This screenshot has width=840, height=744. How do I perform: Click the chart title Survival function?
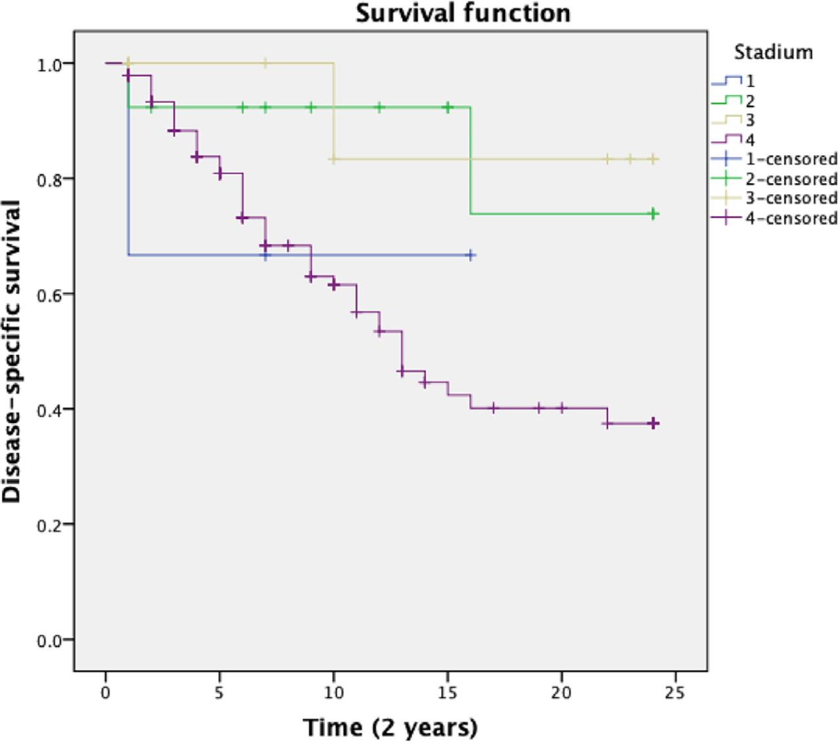pyautogui.click(x=463, y=13)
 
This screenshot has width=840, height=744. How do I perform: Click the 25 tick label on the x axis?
pyautogui.click(x=675, y=693)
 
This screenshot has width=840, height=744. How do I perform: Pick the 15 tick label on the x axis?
pyautogui.click(x=448, y=693)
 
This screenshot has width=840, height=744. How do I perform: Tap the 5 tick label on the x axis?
pyautogui.click(x=219, y=693)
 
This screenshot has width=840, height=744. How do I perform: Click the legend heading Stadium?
pyautogui.click(x=773, y=52)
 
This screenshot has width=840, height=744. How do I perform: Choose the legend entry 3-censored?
pyautogui.click(x=774, y=197)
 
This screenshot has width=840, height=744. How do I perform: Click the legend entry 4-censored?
pyautogui.click(x=774, y=217)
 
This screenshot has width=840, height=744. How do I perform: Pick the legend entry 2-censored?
pyautogui.click(x=774, y=178)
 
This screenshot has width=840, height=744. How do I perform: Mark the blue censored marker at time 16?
pyautogui.click(x=470, y=255)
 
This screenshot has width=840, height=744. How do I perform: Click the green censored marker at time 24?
pyautogui.click(x=653, y=214)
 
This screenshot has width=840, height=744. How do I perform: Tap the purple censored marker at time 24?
pyautogui.click(x=653, y=424)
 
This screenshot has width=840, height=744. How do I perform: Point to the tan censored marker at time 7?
pyautogui.click(x=265, y=63)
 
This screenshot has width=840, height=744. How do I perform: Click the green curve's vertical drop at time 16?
pyautogui.click(x=471, y=161)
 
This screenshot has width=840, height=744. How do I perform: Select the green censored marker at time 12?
pyautogui.click(x=379, y=107)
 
